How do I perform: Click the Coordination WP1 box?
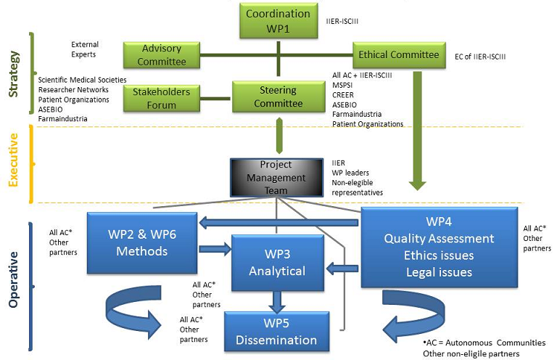coord(278,20)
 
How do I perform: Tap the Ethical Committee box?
coord(398,54)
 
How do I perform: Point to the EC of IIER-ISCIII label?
coord(479,57)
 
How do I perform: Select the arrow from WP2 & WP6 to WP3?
coord(213,249)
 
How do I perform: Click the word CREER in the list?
coord(344,94)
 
